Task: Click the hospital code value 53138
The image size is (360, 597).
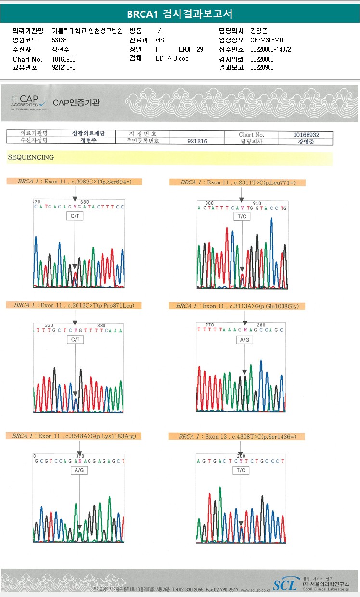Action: [59, 40]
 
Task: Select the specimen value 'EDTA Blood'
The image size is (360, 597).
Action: [172, 58]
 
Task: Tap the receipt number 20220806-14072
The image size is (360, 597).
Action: [270, 49]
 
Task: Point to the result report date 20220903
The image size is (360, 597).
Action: [262, 67]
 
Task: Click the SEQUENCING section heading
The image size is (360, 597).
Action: [30, 157]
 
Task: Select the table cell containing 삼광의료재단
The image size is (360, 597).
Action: [88, 133]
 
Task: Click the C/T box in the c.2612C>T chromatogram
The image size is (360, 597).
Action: [75, 340]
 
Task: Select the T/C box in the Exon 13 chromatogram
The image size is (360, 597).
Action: [241, 470]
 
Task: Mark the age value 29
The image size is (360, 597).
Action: [200, 49]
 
